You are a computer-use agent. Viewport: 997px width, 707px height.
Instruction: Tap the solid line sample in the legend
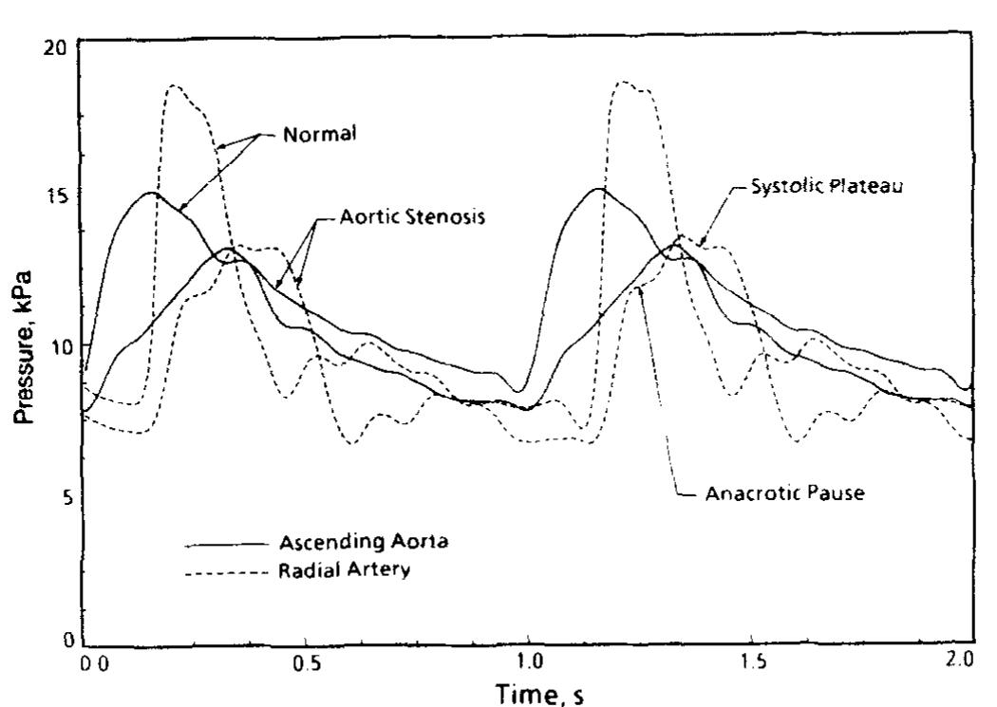225,545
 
